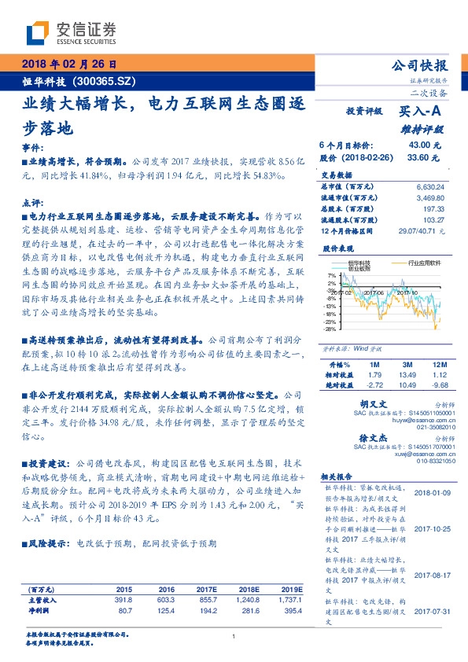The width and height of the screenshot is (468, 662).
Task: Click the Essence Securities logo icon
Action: [x=38, y=31]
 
